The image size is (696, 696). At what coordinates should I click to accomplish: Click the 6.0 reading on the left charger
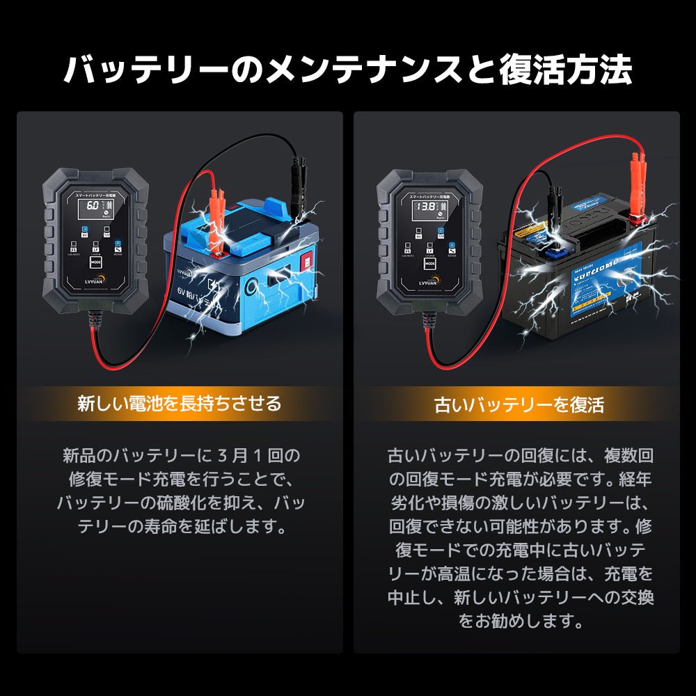point(89,208)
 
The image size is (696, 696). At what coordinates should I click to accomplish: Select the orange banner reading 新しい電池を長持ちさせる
point(179,404)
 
